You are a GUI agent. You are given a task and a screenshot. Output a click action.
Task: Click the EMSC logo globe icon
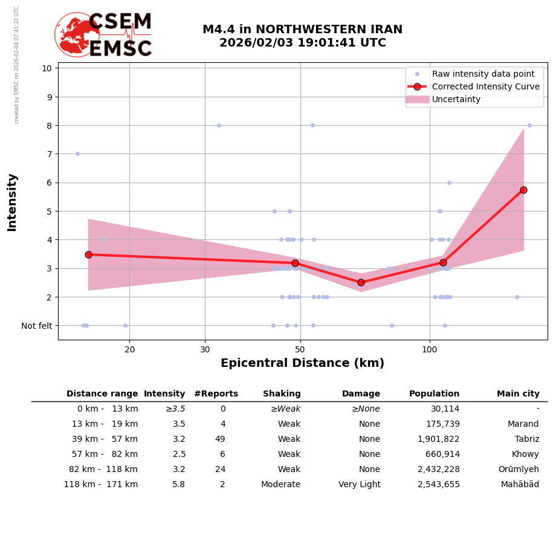(77, 34)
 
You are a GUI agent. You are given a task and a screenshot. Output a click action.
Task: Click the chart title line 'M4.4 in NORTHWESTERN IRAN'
(302, 30)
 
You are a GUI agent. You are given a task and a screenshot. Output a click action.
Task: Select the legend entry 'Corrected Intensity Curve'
(485, 86)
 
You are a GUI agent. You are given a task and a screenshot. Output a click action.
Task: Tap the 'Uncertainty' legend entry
(456, 99)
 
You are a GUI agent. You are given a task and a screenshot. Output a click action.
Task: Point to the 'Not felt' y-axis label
(37, 326)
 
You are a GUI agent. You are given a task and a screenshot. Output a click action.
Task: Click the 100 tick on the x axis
(429, 349)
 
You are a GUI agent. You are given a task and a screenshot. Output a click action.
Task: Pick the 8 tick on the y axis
(48, 126)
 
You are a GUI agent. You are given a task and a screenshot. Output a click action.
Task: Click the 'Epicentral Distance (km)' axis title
(302, 363)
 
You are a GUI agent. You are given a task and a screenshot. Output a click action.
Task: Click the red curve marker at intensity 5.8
(523, 190)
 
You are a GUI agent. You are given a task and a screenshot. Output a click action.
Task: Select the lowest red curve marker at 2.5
(361, 282)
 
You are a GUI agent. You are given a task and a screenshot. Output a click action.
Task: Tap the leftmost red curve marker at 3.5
(88, 254)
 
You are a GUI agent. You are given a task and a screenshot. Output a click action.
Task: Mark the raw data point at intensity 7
(77, 154)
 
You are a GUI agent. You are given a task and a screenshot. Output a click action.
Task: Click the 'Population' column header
(434, 394)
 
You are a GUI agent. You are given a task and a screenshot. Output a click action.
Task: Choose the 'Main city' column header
(518, 394)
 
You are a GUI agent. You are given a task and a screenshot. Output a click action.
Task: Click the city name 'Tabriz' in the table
(526, 439)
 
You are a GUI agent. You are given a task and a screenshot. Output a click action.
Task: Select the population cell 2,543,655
(438, 485)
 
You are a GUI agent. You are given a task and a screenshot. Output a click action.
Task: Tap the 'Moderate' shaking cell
(280, 485)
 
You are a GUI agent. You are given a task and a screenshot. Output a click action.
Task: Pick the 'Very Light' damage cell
(359, 485)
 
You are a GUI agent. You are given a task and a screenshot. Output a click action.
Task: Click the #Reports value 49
(220, 439)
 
